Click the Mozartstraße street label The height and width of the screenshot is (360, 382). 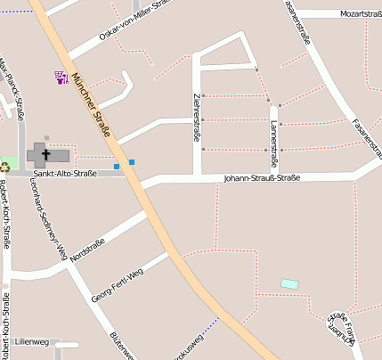pos(361,14)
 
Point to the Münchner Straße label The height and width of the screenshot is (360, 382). pos(93,104)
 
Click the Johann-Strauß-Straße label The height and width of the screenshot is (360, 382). pos(261,178)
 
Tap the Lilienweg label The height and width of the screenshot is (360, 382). pos(32,342)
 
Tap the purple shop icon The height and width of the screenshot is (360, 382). pos(61,77)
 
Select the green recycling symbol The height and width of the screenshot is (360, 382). pos(4,166)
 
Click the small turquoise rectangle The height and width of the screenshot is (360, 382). pos(289,283)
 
